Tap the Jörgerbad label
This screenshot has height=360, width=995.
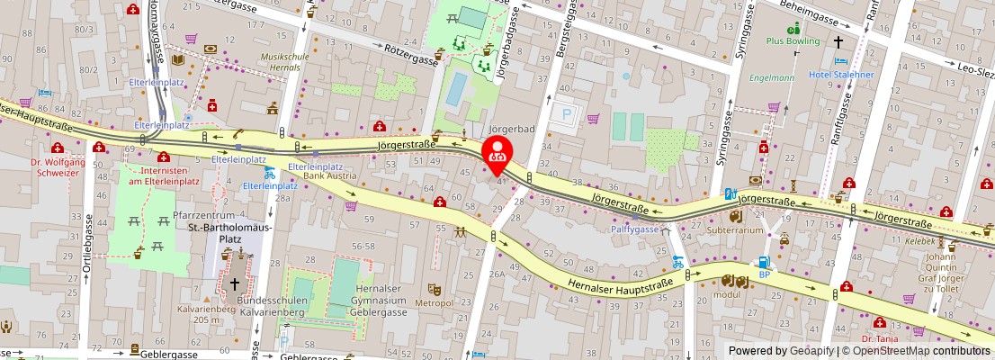(x=512, y=129)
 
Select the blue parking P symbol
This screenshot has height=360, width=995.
(x=567, y=114)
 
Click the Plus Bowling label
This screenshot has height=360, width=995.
(x=793, y=40)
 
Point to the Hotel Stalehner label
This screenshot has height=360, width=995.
(x=841, y=74)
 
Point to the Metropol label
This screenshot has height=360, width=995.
(x=434, y=303)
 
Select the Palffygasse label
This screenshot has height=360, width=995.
(x=635, y=229)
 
